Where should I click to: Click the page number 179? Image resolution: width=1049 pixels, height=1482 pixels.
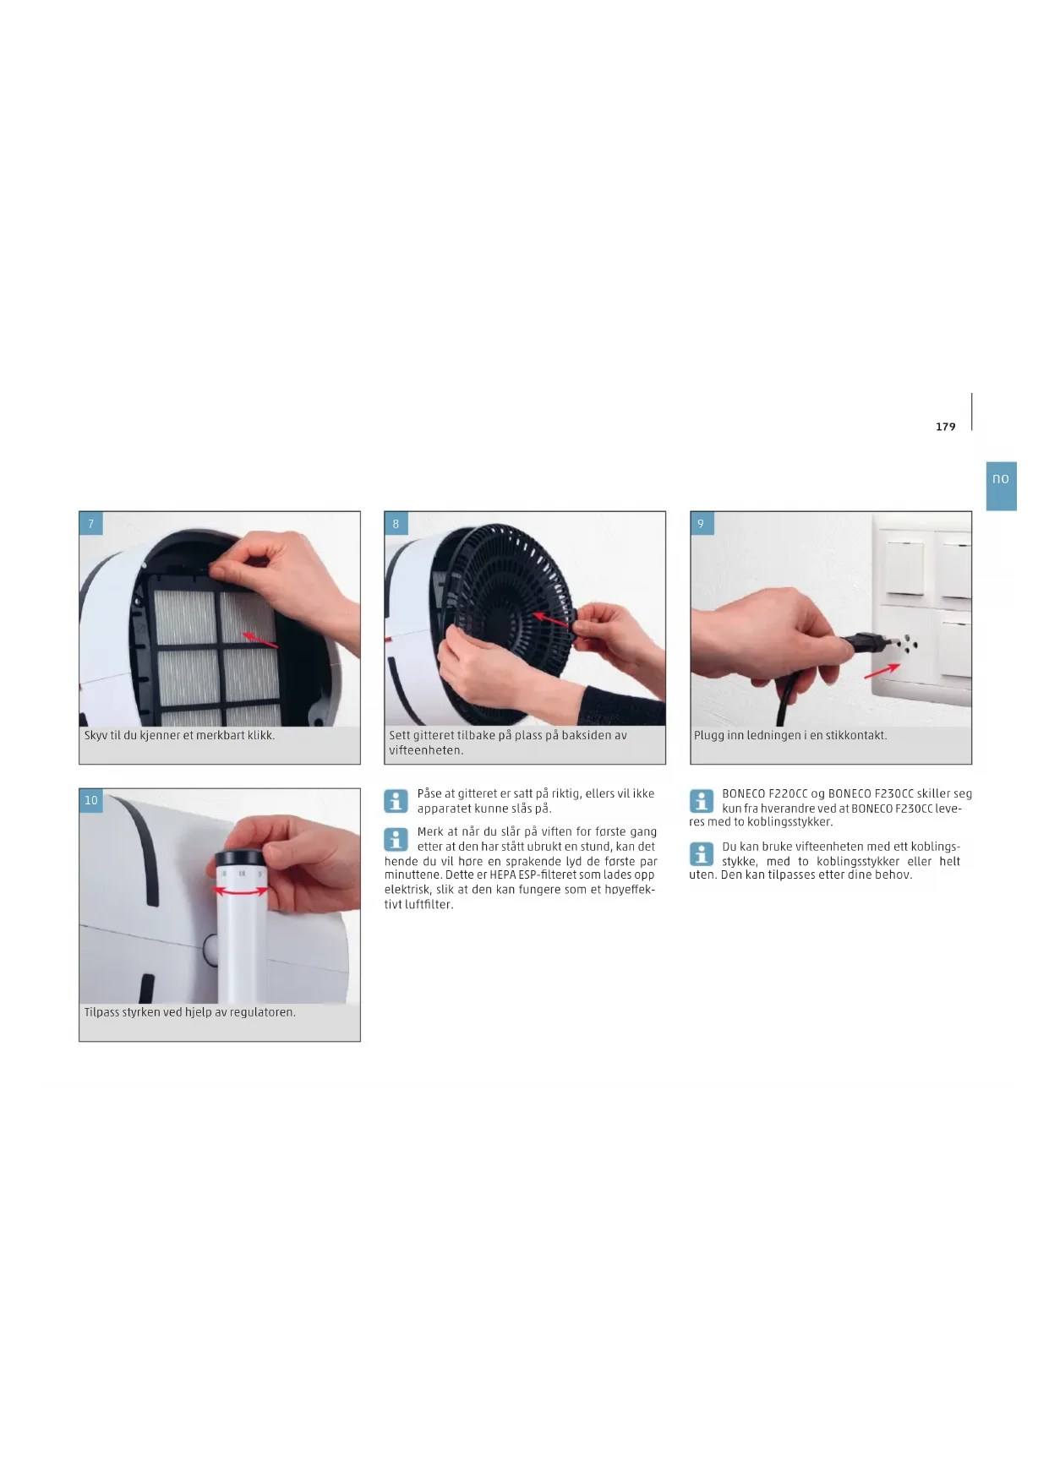945,427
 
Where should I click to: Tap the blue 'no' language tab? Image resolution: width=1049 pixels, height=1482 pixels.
1001,486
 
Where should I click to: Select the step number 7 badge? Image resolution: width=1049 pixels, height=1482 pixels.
91,524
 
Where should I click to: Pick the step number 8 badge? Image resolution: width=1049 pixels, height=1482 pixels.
396,524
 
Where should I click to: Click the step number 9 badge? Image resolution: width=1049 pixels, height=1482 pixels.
701,524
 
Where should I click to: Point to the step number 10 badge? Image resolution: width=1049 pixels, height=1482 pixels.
91,800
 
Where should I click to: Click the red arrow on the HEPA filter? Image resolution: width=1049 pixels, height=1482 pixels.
260,640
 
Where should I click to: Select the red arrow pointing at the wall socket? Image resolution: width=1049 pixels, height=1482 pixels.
882,670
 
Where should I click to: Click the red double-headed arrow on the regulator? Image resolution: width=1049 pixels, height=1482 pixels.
242,891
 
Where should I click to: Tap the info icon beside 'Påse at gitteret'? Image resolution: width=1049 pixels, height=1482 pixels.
396,800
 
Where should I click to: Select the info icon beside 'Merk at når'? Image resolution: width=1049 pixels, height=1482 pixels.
396,839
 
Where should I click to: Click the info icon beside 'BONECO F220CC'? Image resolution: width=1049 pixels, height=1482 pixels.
701,800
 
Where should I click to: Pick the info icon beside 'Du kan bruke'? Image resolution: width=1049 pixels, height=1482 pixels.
701,853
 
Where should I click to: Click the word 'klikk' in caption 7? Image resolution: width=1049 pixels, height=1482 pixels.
260,735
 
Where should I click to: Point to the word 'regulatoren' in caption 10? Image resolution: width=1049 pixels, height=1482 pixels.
263,1012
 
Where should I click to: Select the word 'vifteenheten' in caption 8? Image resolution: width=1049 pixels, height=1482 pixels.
426,750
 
